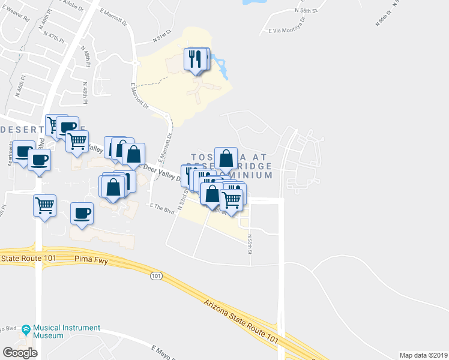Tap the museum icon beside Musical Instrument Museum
pyautogui.click(x=26, y=329)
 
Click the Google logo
pyautogui.click(x=20, y=352)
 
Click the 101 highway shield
pyautogui.click(x=156, y=276)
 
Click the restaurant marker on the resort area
pyautogui.click(x=197, y=59)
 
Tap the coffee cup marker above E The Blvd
pyautogui.click(x=82, y=214)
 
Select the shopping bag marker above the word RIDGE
pyautogui.click(x=226, y=159)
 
